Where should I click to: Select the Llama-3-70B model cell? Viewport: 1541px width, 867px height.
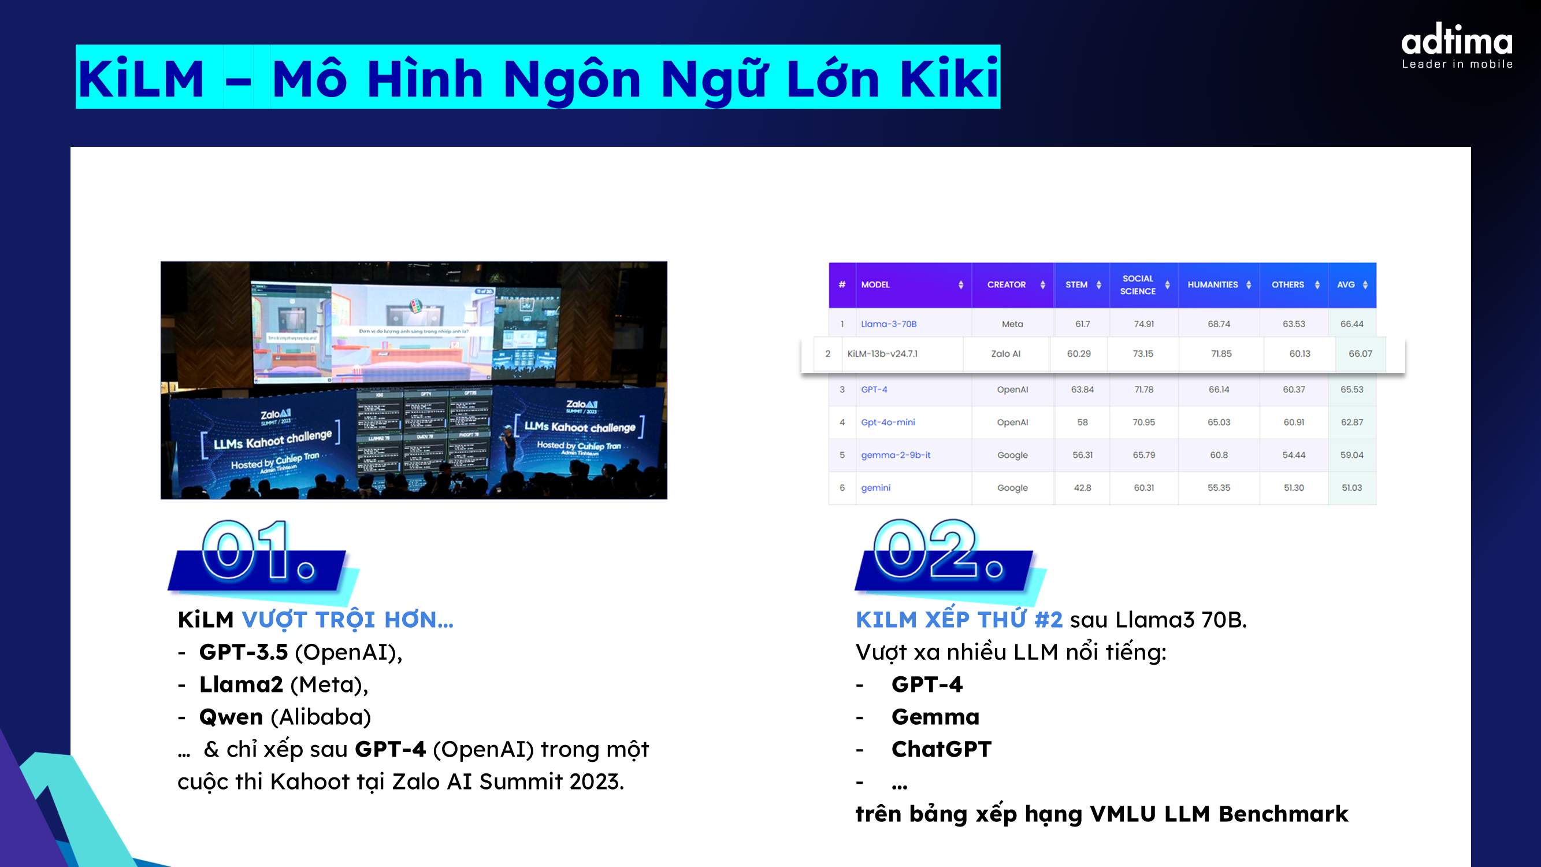tap(888, 324)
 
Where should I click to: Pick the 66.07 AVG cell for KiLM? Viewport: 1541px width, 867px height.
tap(1360, 354)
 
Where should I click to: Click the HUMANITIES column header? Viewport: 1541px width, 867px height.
tap(1213, 285)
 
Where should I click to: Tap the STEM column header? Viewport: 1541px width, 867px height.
tap(1076, 285)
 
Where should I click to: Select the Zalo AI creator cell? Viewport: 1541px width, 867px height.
tap(1005, 354)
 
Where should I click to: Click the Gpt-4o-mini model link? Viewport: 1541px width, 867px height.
tap(888, 422)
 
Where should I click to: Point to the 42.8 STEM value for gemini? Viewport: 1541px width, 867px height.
tap(1082, 488)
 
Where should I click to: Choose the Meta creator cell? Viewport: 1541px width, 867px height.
tap(1012, 324)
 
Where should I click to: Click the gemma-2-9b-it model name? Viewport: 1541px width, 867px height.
tap(896, 455)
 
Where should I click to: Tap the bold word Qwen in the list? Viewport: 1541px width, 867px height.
tap(231, 717)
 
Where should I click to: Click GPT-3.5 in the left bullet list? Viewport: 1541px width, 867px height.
tap(243, 652)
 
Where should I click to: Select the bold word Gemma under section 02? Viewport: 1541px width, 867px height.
tap(935, 717)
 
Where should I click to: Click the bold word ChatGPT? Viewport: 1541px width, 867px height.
tap(941, 749)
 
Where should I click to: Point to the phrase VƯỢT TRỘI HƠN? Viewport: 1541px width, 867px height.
tap(347, 620)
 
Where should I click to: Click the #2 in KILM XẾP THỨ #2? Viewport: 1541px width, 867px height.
tap(1048, 620)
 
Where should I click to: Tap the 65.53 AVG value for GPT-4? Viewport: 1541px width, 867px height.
tap(1351, 390)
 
